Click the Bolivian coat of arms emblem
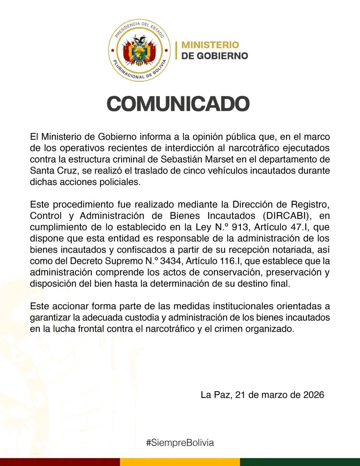point(140,50)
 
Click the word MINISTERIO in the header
point(210,45)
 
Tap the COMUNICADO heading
point(178,104)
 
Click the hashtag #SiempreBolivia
point(180,443)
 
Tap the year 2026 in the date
point(313,395)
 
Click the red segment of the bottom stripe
point(60,462)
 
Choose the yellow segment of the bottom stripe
point(180,462)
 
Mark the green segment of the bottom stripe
point(300,462)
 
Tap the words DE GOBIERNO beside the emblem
point(214,56)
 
